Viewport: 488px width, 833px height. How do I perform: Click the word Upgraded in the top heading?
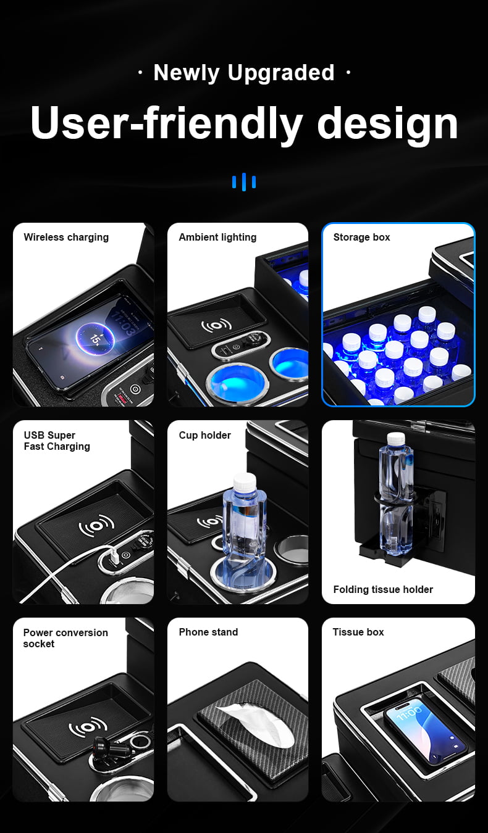click(x=281, y=73)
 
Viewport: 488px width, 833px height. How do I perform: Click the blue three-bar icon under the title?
click(x=244, y=182)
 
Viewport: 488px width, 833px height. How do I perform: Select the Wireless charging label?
click(x=66, y=238)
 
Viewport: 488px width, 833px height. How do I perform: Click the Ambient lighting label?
click(x=218, y=238)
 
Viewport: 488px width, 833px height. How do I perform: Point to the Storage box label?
click(x=361, y=238)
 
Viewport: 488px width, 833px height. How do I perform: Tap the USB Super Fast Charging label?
click(x=57, y=441)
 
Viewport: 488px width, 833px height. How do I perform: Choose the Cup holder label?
click(x=204, y=436)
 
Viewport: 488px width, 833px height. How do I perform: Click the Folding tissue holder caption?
click(x=383, y=590)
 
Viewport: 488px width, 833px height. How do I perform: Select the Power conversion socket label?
click(x=65, y=638)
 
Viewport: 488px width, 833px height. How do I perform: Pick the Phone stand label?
click(x=208, y=632)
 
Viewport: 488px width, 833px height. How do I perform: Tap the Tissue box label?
click(x=358, y=632)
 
